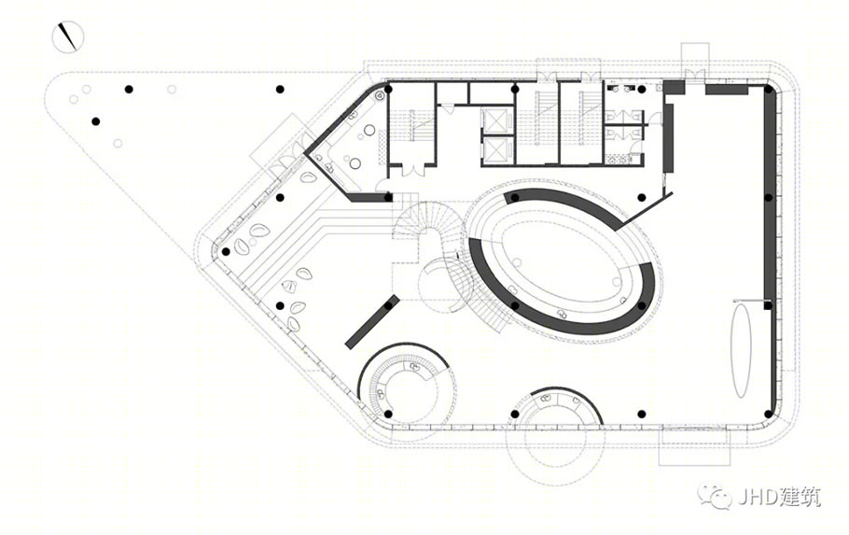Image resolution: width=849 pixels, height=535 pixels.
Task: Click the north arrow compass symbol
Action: tap(68, 36)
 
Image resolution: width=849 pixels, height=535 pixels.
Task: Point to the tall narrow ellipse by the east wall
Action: tap(742, 349)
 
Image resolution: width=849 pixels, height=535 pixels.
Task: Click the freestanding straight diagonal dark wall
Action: tap(372, 321)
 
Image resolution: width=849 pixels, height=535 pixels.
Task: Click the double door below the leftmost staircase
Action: tap(412, 169)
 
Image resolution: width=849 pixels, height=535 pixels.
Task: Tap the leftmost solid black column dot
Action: tap(96, 121)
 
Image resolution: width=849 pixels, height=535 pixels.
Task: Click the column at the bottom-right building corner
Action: tap(768, 415)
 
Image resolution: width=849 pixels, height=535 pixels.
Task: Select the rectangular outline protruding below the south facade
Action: tap(692, 448)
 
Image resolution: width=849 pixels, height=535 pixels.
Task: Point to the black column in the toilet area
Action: tap(642, 90)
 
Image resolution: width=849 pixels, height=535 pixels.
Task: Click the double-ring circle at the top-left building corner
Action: tap(380, 95)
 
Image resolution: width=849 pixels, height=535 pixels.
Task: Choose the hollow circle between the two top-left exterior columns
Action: tap(172, 89)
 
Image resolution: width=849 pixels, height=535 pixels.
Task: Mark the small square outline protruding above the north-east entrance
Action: tap(695, 56)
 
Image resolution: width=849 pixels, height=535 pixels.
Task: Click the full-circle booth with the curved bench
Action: tap(407, 386)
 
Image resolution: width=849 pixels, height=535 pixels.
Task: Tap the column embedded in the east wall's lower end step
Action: tap(768, 305)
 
